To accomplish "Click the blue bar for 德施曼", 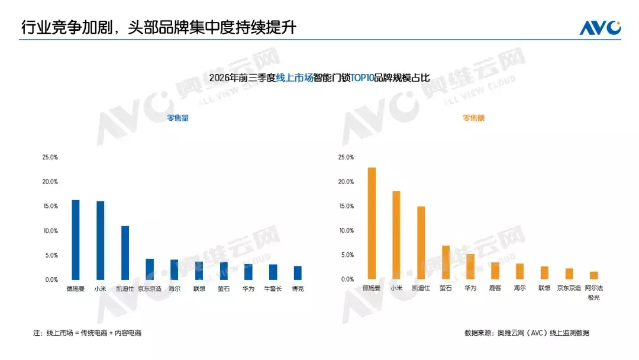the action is [x=75, y=240].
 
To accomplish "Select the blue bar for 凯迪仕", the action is [x=125, y=253].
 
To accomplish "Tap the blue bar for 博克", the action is [x=298, y=273].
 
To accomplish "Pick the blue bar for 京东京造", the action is [x=150, y=269].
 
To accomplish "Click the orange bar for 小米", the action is [x=396, y=235].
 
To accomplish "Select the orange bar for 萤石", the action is [x=446, y=262].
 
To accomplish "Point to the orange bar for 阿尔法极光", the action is [x=594, y=275].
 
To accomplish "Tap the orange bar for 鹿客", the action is [x=495, y=271].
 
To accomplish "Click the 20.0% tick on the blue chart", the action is [x=50, y=182].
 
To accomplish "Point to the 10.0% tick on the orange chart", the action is [x=346, y=231].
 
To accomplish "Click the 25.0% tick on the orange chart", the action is [x=346, y=157].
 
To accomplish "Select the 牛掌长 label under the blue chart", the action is [x=273, y=289].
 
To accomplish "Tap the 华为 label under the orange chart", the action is [x=470, y=288].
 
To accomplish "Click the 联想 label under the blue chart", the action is [x=199, y=289].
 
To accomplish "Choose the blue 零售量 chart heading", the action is [x=178, y=118].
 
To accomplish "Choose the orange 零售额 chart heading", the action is [x=473, y=118].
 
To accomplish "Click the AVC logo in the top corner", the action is [x=601, y=28].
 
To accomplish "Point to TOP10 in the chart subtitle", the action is [x=362, y=78].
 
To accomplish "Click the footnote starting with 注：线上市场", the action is [x=87, y=333].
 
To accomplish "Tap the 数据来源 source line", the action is [x=527, y=333].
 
